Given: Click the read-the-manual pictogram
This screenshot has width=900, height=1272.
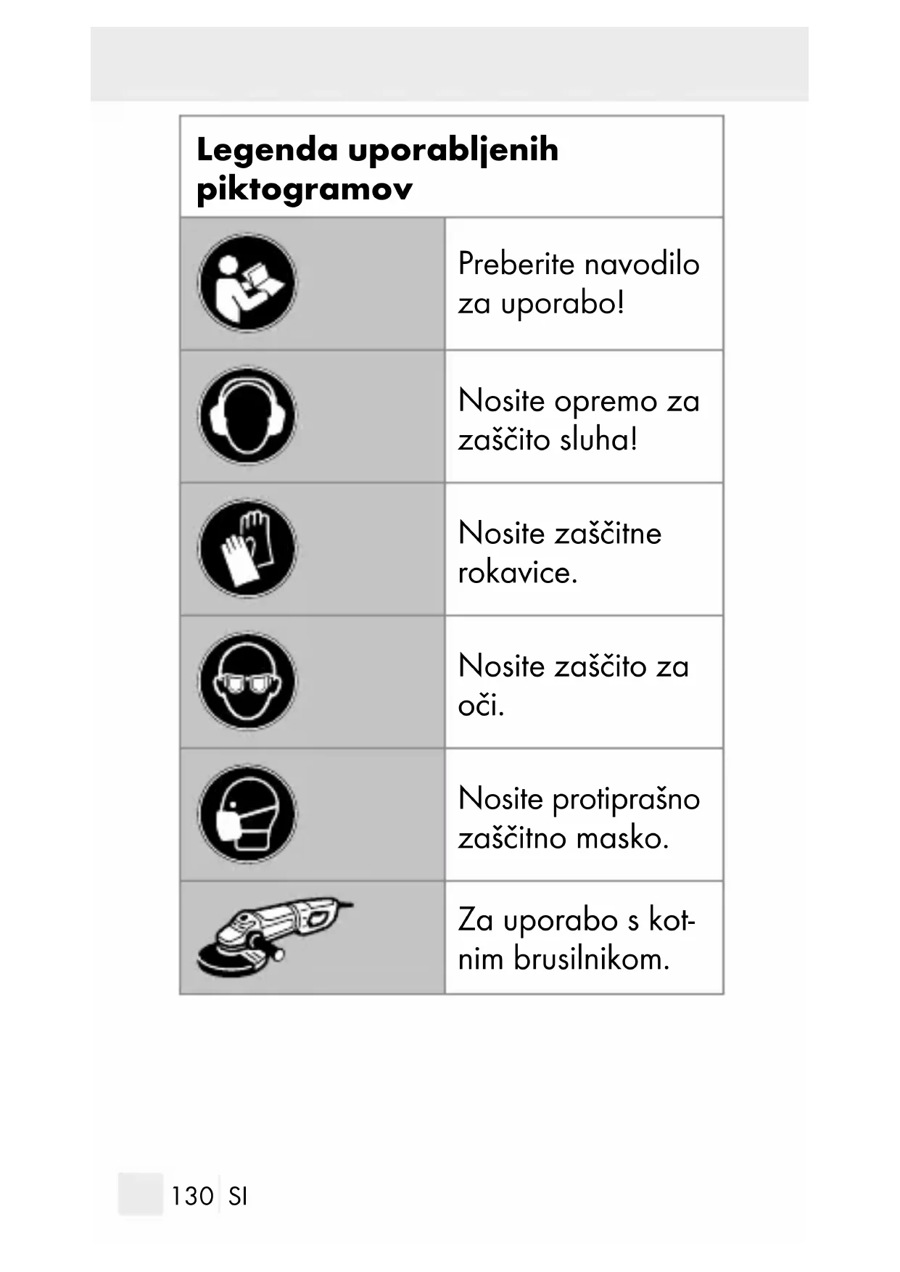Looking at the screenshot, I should coord(247,283).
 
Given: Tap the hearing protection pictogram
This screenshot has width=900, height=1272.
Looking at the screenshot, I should coord(247,416).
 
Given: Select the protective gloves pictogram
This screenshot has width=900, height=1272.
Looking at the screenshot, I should coord(247,548).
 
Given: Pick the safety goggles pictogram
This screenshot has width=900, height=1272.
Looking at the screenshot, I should coord(247,681).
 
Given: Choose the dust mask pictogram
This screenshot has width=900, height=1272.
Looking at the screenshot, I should coord(247,814).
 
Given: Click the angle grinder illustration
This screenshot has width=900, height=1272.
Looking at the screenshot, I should coord(274,938).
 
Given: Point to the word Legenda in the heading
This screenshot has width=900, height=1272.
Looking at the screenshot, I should coord(267,150).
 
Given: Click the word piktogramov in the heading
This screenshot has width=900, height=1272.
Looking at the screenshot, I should coord(305,190).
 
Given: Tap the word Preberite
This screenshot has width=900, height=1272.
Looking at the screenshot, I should coord(516,263).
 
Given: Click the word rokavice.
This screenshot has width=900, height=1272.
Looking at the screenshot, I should coord(518,573).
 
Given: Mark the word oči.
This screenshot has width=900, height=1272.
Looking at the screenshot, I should coord(481,705).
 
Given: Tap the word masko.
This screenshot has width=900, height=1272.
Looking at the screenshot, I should coord(622,838).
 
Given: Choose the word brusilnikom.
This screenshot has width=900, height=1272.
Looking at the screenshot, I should coord(591,959).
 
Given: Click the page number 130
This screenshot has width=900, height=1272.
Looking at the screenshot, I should coord(192,1196).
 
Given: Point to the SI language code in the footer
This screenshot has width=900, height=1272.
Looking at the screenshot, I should coord(238,1196).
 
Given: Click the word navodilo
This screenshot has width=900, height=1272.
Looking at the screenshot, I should coord(641,263).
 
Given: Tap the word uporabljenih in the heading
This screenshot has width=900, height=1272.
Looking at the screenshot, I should coord(453,151).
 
